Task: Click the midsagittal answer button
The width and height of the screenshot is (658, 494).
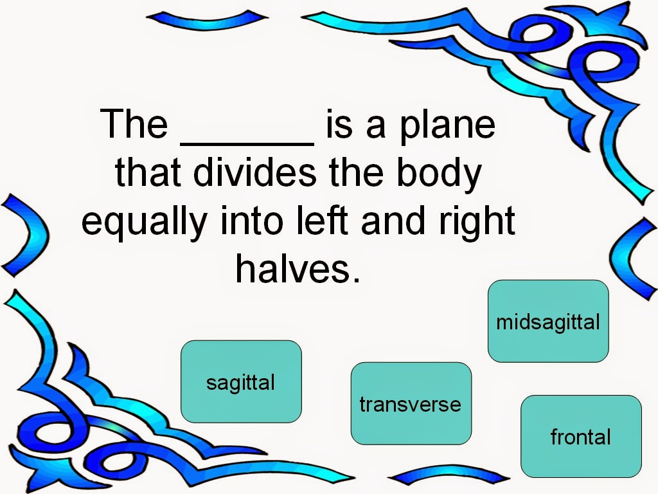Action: tap(547, 321)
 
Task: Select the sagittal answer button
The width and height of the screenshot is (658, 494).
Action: tap(241, 381)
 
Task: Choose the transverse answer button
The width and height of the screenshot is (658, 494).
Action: tap(411, 403)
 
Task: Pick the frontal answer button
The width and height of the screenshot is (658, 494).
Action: tap(580, 436)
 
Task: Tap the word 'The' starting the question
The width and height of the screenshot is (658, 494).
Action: tap(134, 125)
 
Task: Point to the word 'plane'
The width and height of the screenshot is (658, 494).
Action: tap(447, 126)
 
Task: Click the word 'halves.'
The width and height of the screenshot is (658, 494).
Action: tap(296, 268)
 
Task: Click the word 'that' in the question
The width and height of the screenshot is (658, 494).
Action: tap(147, 172)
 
